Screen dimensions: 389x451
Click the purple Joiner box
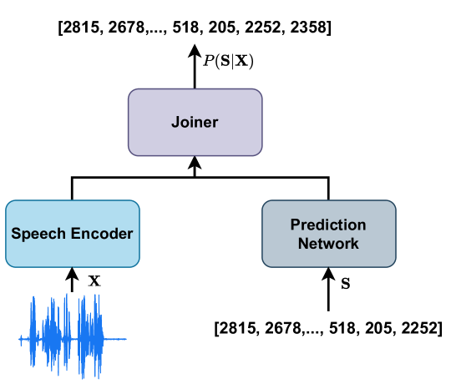pyautogui.click(x=195, y=122)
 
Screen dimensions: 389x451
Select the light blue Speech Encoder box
pyautogui.click(x=72, y=234)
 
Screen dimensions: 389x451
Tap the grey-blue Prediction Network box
pyautogui.click(x=328, y=234)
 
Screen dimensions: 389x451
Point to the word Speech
pyautogui.click(x=37, y=234)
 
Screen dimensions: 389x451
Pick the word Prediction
pyautogui.click(x=328, y=225)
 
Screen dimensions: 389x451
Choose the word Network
pyautogui.click(x=328, y=244)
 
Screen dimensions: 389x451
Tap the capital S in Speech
pyautogui.click(x=16, y=234)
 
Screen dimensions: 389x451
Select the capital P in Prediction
pyautogui.click(x=295, y=225)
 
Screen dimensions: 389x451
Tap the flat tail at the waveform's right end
pyautogui.click(x=117, y=339)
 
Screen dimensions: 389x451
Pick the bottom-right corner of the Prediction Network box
pyautogui.click(x=394, y=265)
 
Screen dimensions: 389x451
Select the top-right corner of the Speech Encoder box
pyautogui.click(x=138, y=202)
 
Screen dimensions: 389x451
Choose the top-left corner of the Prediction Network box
pyautogui.click(x=264, y=202)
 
